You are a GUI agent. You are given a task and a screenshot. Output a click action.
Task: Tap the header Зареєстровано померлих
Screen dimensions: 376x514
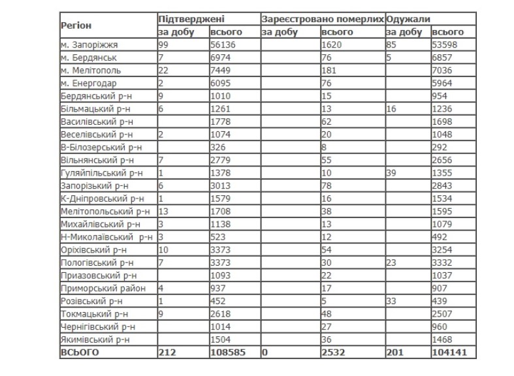323,20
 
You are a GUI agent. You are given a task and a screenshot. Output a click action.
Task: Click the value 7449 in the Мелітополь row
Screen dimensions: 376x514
221,70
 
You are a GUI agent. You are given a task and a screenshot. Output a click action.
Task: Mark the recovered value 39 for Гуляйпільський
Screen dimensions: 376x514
392,172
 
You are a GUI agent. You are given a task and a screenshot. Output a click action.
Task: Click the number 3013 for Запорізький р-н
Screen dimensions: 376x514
221,185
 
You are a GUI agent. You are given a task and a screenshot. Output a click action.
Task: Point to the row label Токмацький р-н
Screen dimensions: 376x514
91,313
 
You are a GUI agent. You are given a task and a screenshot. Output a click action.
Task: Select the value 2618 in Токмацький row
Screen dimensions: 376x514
221,313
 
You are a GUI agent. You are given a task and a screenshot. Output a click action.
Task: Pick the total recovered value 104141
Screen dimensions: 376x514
449,352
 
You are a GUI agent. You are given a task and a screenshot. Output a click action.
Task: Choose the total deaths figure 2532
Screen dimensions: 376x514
333,352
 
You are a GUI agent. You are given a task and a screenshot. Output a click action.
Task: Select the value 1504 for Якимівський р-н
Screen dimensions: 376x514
221,339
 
